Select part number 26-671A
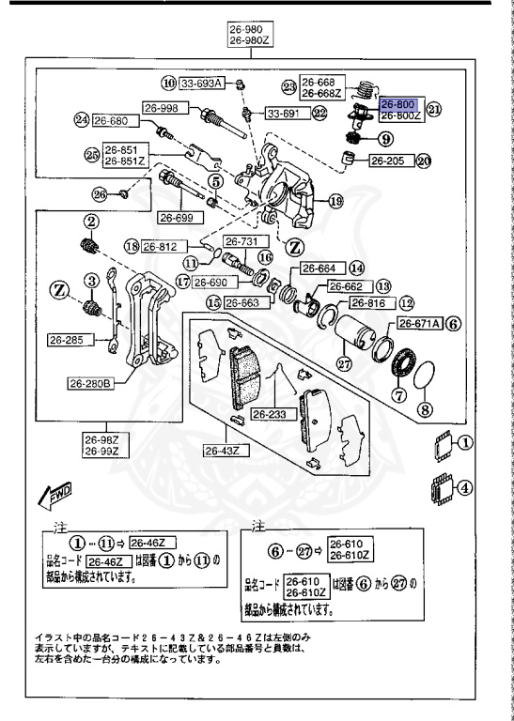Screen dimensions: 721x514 418,323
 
